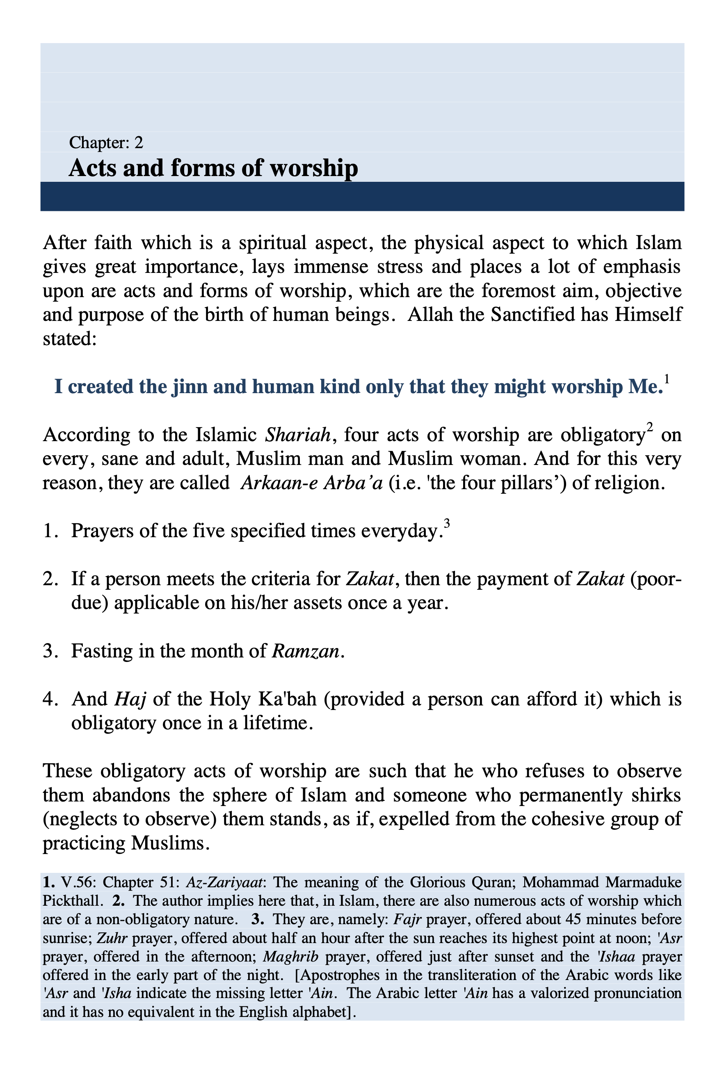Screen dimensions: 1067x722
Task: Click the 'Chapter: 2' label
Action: (106, 143)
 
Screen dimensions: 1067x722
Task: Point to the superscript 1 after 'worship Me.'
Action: (667, 379)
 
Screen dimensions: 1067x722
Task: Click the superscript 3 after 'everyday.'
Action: (447, 523)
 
